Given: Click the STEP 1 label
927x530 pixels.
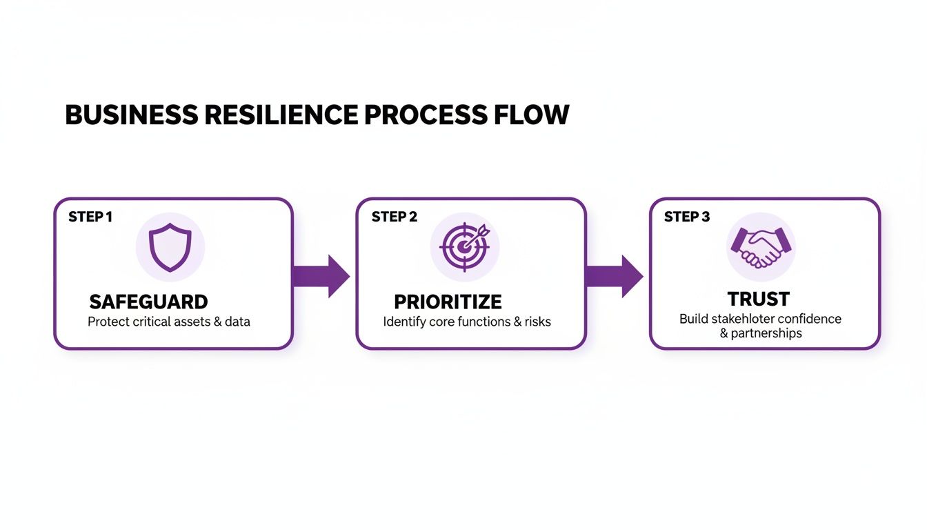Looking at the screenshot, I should (90, 217).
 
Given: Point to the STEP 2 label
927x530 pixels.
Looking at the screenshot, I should (394, 217).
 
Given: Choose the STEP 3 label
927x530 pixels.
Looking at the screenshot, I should (686, 217).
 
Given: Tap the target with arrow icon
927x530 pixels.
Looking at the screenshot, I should (464, 247).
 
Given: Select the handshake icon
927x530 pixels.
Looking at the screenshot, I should (761, 247).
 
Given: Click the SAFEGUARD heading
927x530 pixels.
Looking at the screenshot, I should (148, 302).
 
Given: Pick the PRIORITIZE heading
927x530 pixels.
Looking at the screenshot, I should (448, 302).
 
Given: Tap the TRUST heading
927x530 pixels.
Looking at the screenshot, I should (758, 300).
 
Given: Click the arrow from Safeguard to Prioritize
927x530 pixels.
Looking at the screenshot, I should (321, 276).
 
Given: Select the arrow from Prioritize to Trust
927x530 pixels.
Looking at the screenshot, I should (614, 276).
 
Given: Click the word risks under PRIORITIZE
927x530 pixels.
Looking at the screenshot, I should (536, 322).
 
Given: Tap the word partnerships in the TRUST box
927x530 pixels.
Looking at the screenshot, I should (766, 333).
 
